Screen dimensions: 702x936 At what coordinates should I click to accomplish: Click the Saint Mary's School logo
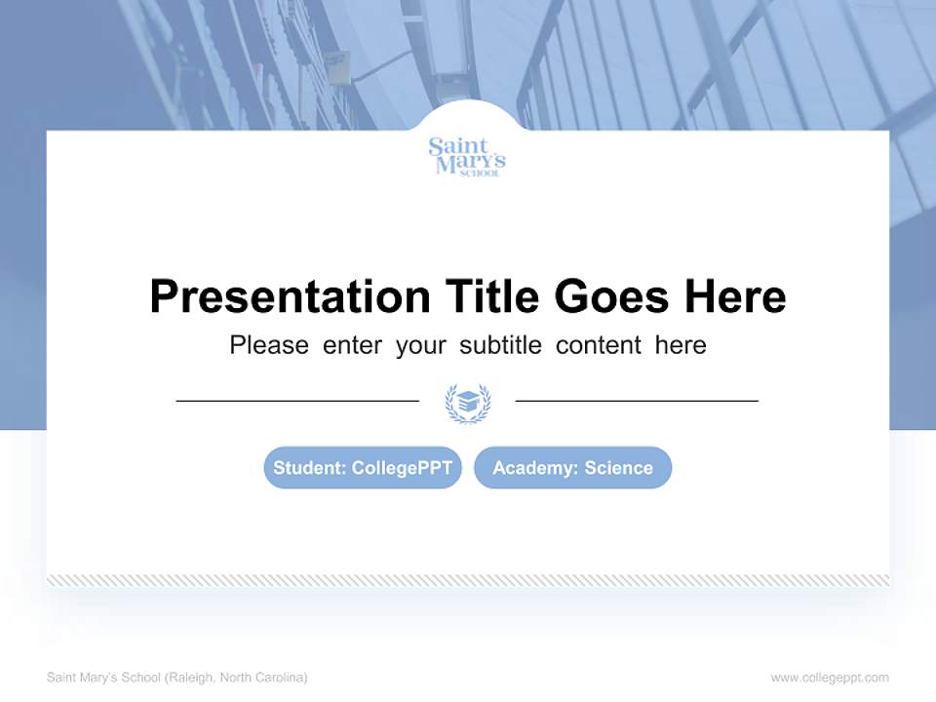pyautogui.click(x=467, y=157)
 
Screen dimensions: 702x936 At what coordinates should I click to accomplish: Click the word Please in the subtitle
pyautogui.click(x=269, y=345)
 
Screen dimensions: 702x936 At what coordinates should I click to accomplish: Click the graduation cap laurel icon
pyautogui.click(x=467, y=402)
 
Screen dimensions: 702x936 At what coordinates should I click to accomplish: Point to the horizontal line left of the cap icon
pyautogui.click(x=297, y=401)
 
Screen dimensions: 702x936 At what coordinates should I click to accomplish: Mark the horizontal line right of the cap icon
pyautogui.click(x=637, y=401)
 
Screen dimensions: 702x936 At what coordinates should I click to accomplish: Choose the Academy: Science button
pyautogui.click(x=572, y=468)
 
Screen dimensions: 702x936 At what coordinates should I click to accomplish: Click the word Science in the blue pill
pyautogui.click(x=618, y=468)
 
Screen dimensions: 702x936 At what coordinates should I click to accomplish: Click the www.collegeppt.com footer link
pyautogui.click(x=830, y=678)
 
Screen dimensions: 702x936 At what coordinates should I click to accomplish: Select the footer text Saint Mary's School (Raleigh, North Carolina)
pyautogui.click(x=177, y=678)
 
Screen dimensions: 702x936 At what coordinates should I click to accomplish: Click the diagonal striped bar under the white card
pyautogui.click(x=467, y=580)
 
